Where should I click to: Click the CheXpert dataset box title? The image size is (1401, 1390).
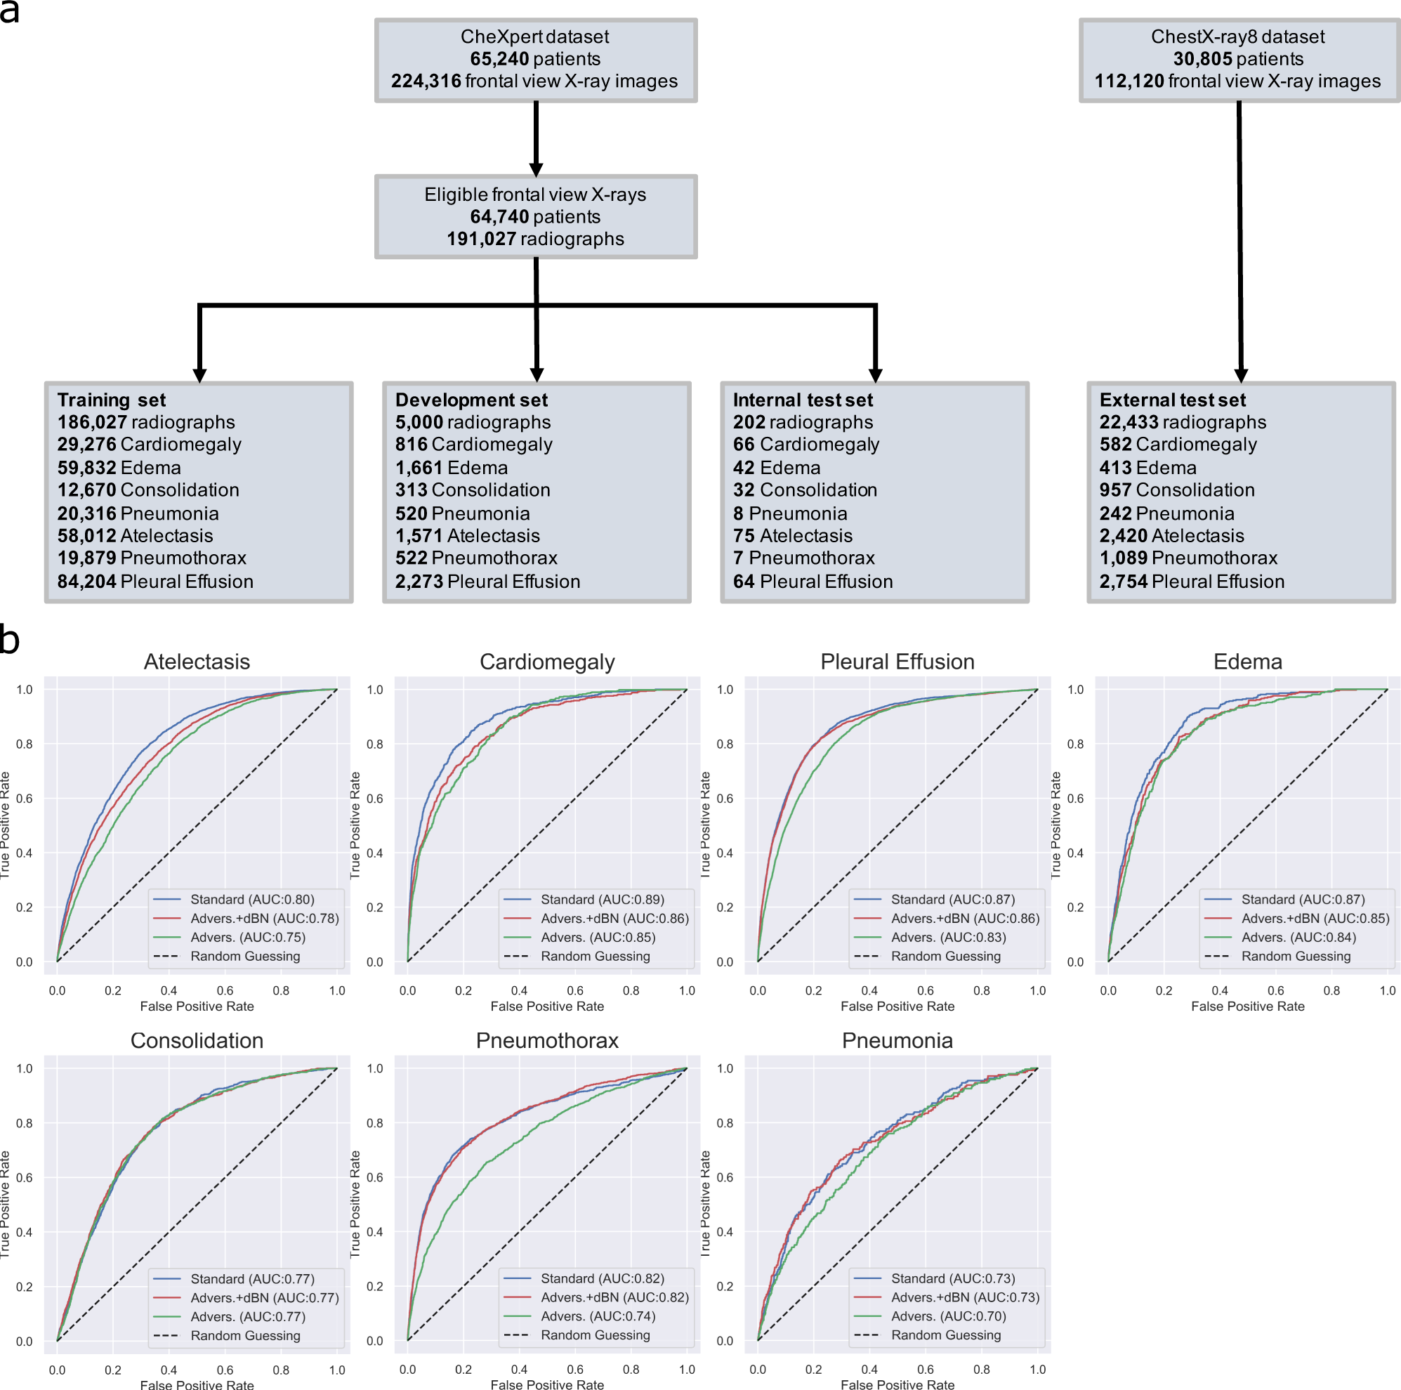pos(534,37)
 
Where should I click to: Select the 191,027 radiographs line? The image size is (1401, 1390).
pos(535,239)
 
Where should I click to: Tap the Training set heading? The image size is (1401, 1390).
pos(112,400)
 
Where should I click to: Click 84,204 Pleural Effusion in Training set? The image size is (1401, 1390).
pos(155,582)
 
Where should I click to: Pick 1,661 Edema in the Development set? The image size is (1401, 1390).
pos(451,468)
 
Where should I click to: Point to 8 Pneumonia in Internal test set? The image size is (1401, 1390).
pos(790,513)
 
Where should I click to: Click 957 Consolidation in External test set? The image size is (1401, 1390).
pos(1176,490)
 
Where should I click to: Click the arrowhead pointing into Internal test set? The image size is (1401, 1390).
pos(875,374)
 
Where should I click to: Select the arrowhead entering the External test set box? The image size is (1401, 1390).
pos(1241,374)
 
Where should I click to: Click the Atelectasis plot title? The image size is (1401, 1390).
pos(197,661)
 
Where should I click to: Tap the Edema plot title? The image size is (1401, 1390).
pos(1247,661)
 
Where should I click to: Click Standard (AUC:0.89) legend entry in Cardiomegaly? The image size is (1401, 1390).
pos(602,899)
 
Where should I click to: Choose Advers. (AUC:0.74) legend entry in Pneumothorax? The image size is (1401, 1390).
pos(598,1316)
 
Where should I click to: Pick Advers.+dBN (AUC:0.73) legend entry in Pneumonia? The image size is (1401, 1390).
pos(964,1297)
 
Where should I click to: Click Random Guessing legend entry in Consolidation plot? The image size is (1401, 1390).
pos(245,1336)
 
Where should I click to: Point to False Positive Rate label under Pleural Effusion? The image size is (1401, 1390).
pos(897,1007)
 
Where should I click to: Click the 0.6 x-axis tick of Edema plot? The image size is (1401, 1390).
pos(1275,990)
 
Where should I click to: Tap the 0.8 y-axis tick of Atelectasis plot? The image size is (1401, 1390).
pos(25,744)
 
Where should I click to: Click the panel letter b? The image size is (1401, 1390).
pos(9,641)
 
